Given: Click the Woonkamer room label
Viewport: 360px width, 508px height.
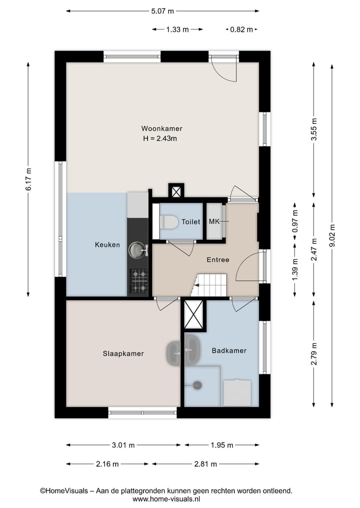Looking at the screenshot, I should [x=161, y=128].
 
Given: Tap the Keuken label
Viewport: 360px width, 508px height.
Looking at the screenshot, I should [x=107, y=245].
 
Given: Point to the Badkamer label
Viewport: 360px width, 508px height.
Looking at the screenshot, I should [x=229, y=351].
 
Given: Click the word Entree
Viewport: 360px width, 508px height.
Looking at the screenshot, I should [x=218, y=260].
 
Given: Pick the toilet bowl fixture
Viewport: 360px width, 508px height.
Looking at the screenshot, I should [x=167, y=222].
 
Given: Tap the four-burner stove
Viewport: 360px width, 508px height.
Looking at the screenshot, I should [x=139, y=281].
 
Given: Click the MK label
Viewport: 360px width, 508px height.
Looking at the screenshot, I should [x=214, y=222].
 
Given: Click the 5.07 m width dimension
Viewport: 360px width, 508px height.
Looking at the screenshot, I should [x=163, y=10].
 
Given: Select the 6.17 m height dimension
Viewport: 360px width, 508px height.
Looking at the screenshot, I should [x=28, y=178].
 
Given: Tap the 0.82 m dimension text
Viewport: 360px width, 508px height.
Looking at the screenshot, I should [x=241, y=29].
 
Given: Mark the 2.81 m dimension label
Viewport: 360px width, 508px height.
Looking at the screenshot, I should [x=205, y=464].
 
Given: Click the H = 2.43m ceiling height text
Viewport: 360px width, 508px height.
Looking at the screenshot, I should [x=160, y=138].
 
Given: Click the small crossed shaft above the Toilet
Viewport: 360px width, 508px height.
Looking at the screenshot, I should [x=176, y=191].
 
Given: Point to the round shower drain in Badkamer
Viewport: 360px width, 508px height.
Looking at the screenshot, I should [x=197, y=385].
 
